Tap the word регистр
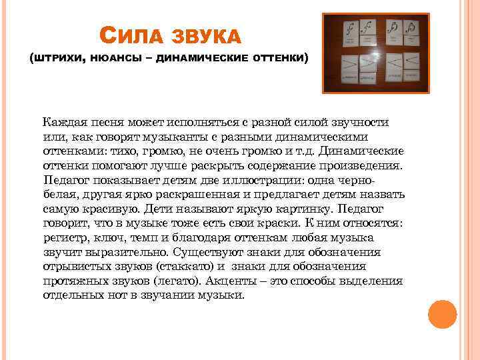(63, 238)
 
